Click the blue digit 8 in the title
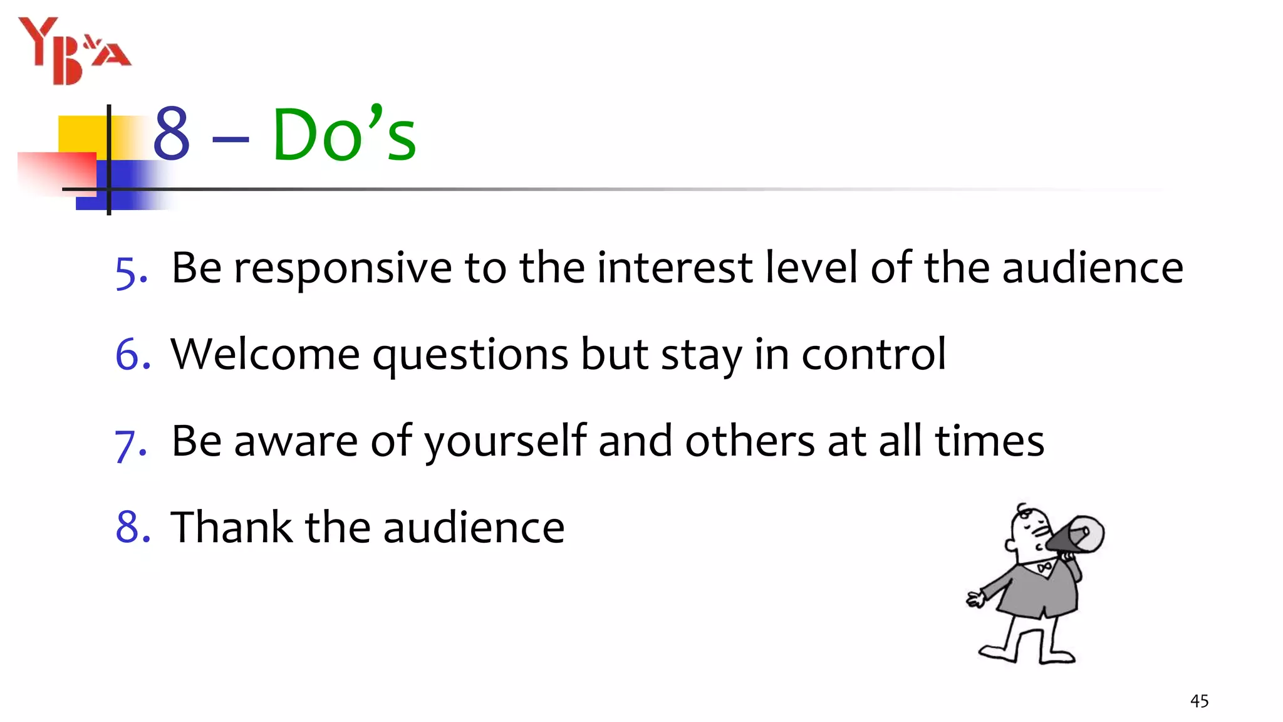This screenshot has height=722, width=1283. pyautogui.click(x=171, y=133)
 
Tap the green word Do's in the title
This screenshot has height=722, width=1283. pyautogui.click(x=344, y=134)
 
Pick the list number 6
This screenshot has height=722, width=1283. pyautogui.click(x=132, y=355)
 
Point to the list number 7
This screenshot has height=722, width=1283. pyautogui.click(x=130, y=444)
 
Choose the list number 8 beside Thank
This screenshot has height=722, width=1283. pyautogui.click(x=132, y=527)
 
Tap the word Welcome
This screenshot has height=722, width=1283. pyautogui.click(x=265, y=355)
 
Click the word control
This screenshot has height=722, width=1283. pyautogui.click(x=873, y=355)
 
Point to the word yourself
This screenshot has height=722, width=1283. pyautogui.click(x=506, y=441)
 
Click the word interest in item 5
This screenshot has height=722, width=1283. pyautogui.click(x=674, y=268)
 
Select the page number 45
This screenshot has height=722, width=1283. pyautogui.click(x=1199, y=701)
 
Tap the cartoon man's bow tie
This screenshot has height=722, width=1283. pyautogui.click(x=1044, y=568)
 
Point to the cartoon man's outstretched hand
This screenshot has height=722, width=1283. pyautogui.click(x=975, y=599)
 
